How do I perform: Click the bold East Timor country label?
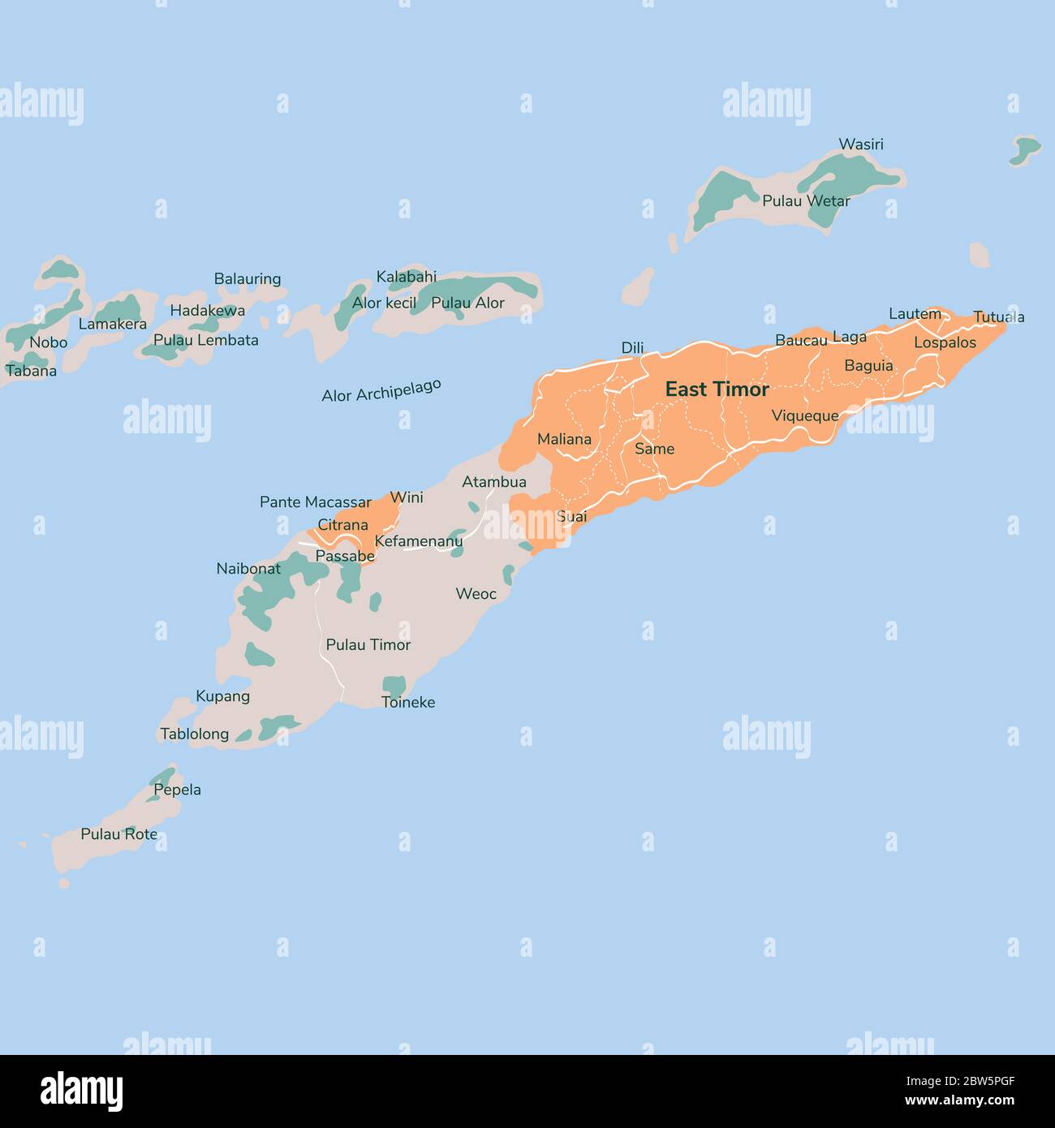pyautogui.click(x=717, y=390)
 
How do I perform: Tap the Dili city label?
pyautogui.click(x=632, y=348)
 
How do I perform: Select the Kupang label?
pyautogui.click(x=222, y=696)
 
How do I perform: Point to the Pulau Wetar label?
pyautogui.click(x=806, y=200)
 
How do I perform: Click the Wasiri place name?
pyautogui.click(x=861, y=144)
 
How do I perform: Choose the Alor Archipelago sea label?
pyautogui.click(x=381, y=390)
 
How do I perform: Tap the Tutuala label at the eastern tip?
pyautogui.click(x=998, y=317)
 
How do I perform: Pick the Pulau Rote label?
pyautogui.click(x=118, y=834)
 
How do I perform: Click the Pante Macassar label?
pyautogui.click(x=315, y=502)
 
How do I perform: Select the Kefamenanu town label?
pyautogui.click(x=419, y=541)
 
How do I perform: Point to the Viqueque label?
pyautogui.click(x=805, y=416)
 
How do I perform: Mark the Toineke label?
pyautogui.click(x=408, y=703)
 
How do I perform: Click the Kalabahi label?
pyautogui.click(x=407, y=278)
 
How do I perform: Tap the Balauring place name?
pyautogui.click(x=248, y=279)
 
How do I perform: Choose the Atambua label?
pyautogui.click(x=494, y=482)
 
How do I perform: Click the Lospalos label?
pyautogui.click(x=945, y=342)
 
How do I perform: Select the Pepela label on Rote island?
pyautogui.click(x=177, y=790)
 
